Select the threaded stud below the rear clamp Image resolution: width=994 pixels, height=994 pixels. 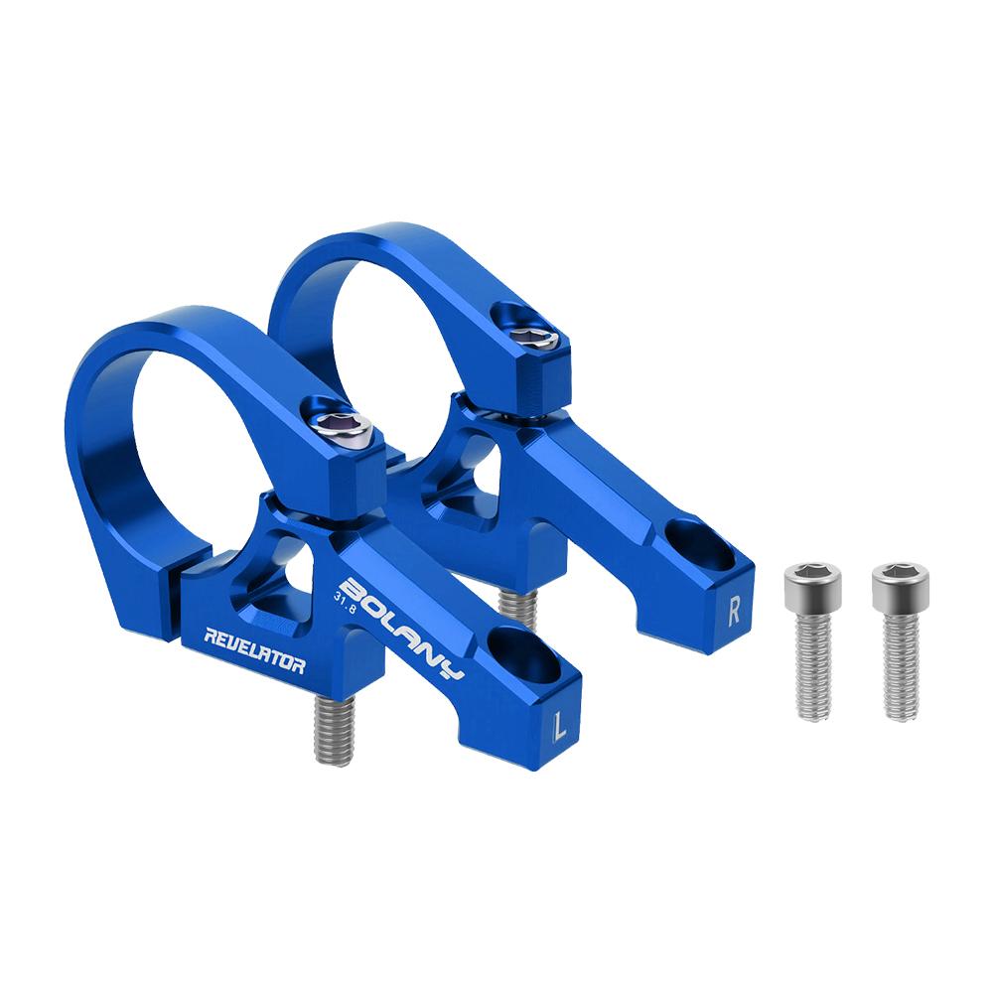coord(515,605)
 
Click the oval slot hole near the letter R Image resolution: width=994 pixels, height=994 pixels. coord(700,542)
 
